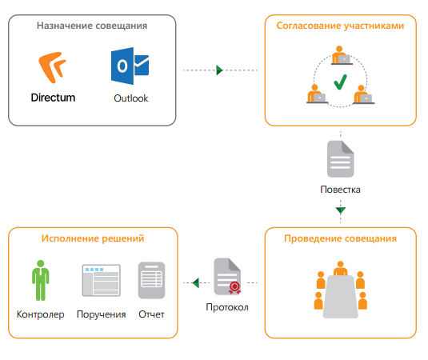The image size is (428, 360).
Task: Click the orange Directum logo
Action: (x=52, y=67)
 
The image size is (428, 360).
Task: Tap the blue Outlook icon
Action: (x=130, y=66)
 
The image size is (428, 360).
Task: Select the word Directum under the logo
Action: (x=53, y=98)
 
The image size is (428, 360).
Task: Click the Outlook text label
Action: (x=131, y=98)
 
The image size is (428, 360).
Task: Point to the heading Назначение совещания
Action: (x=92, y=26)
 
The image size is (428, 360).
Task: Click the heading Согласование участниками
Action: (x=340, y=26)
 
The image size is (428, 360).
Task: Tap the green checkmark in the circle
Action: (x=340, y=82)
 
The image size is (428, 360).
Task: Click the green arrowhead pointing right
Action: (x=219, y=70)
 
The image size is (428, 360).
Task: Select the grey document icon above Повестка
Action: (x=340, y=159)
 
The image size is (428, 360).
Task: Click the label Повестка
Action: (x=340, y=190)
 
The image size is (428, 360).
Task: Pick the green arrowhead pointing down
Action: (x=341, y=210)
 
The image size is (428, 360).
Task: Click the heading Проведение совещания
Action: (x=340, y=238)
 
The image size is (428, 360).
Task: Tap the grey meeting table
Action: (x=340, y=297)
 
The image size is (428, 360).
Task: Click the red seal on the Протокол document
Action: (x=234, y=288)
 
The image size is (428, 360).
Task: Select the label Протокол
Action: (x=227, y=307)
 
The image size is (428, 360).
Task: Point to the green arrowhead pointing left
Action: (x=196, y=282)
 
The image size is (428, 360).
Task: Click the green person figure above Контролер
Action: (x=40, y=280)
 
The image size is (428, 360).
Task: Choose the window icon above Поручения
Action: (x=102, y=280)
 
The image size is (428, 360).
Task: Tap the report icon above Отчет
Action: (x=151, y=280)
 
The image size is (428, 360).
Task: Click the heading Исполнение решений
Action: (x=93, y=238)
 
